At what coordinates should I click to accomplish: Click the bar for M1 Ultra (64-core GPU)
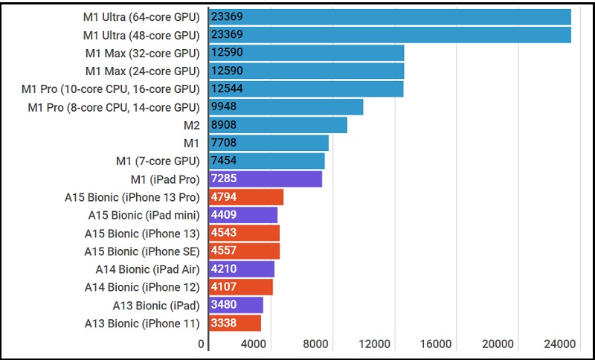390,16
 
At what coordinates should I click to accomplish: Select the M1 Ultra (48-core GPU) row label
141,35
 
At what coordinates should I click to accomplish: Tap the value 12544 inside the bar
228,89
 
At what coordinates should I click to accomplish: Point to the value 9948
228,107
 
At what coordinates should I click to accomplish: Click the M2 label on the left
191,125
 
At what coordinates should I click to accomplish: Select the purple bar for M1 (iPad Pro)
266,179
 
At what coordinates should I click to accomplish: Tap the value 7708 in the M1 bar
228,143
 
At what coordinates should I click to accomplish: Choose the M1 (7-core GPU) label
158,161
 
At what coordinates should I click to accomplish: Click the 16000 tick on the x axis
436,344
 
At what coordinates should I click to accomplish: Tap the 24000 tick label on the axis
559,344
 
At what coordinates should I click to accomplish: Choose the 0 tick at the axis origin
201,344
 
